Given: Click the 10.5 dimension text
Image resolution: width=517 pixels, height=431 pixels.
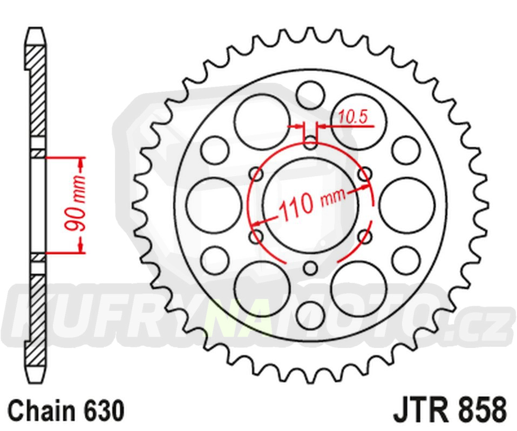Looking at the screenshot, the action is pos(353,117).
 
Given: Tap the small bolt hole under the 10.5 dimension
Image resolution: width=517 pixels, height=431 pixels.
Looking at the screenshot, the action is pos(310,143).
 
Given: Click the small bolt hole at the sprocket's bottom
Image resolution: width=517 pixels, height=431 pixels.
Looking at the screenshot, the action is pos(310,268).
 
